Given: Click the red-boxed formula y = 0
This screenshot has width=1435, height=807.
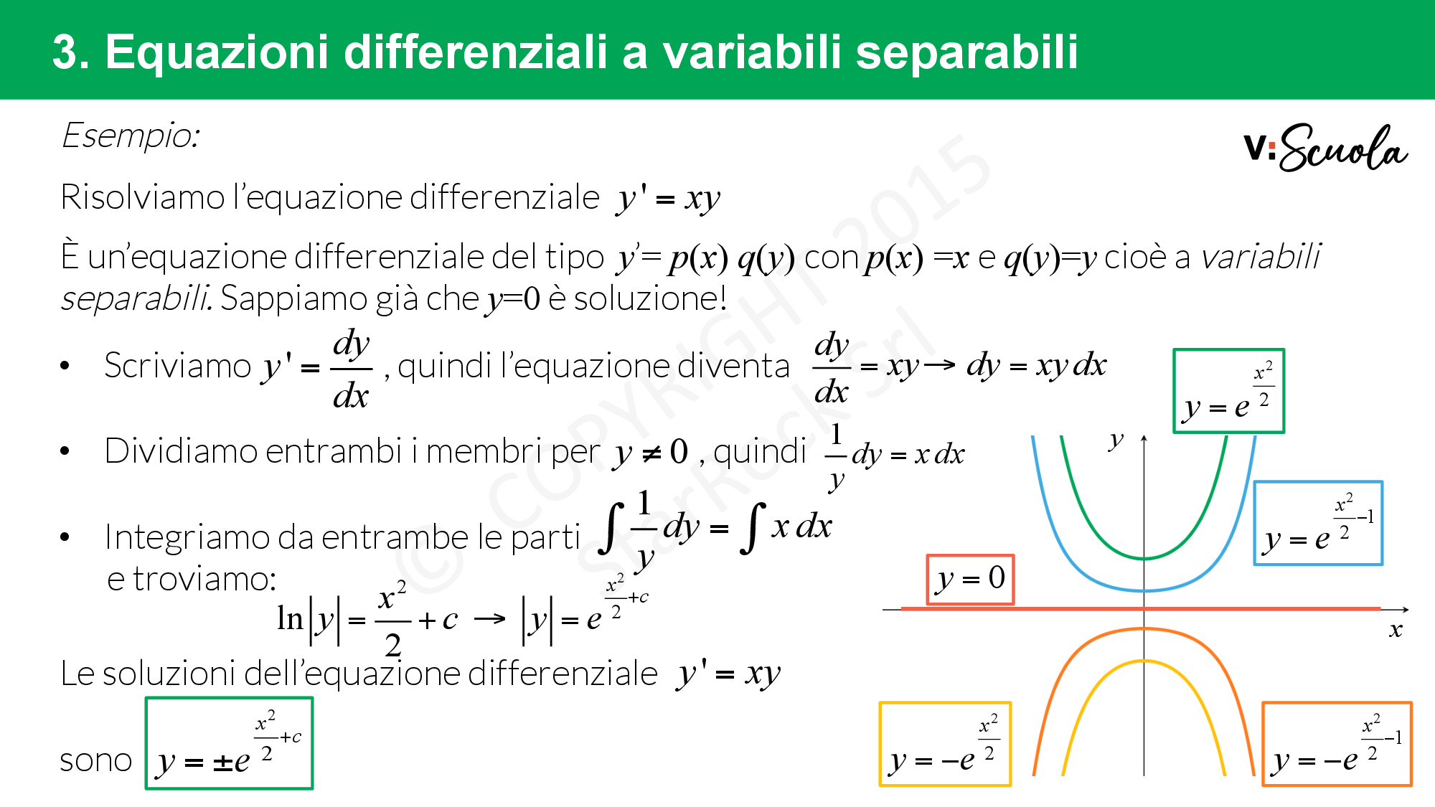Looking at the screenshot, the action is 970,580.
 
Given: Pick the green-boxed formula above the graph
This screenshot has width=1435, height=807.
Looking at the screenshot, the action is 1228,391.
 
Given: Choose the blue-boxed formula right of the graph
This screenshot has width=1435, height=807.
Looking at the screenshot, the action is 1318,524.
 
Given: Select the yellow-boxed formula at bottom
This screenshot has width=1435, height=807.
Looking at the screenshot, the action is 945,744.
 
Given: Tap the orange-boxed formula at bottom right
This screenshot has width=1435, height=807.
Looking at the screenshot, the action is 1337,744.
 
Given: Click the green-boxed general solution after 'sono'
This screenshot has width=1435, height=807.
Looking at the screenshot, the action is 230,743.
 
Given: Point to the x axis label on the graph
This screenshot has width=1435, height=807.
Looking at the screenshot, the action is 1396,630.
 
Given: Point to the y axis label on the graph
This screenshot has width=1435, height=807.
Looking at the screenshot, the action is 1116,440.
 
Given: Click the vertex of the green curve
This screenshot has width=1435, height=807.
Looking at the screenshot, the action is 1144,558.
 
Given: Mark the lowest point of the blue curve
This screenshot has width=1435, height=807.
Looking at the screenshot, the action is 1144,590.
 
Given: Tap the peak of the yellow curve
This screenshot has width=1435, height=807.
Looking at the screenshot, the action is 1144,661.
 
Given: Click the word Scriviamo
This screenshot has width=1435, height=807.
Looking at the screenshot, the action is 178,366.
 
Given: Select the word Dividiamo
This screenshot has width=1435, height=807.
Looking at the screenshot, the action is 181,452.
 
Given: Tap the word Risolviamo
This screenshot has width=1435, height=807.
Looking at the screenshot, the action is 143,197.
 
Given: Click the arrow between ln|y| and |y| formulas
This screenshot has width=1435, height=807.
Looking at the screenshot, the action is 490,618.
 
